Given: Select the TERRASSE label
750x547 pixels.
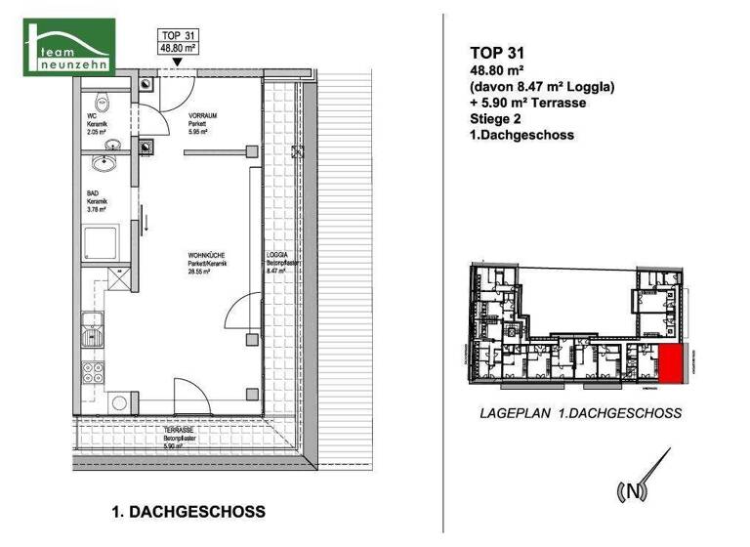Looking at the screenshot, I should click(178, 436).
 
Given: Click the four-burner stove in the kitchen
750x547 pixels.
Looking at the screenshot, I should click(95, 372).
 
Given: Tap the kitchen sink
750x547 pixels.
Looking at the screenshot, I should click(94, 332).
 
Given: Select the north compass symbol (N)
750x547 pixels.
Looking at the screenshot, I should click(634, 490).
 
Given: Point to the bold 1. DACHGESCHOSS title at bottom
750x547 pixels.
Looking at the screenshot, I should click(188, 512).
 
